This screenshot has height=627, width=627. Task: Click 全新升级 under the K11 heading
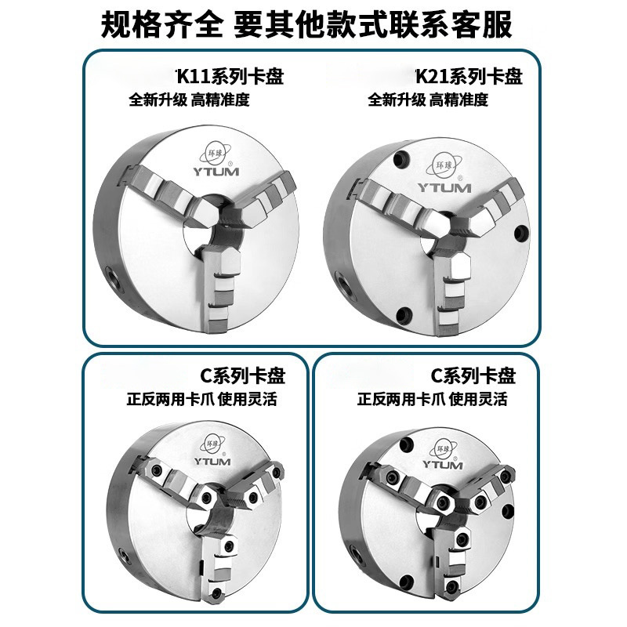[158, 100]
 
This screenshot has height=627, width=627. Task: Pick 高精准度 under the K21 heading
[458, 100]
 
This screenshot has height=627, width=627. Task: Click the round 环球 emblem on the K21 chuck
[444, 166]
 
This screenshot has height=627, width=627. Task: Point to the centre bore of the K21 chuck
[439, 235]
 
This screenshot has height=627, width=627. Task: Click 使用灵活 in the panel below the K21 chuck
[479, 400]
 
